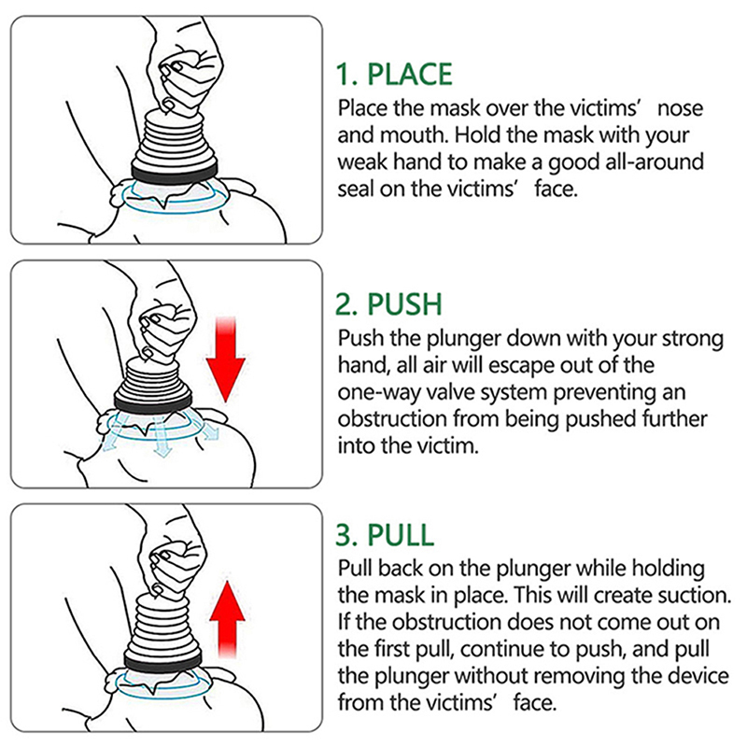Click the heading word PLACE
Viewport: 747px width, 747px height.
pyautogui.click(x=410, y=74)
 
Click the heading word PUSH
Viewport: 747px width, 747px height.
pyautogui.click(x=405, y=304)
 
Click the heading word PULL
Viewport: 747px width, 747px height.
pyautogui.click(x=401, y=534)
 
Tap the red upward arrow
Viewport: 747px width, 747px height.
pyautogui.click(x=228, y=619)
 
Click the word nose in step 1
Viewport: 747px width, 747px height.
pyautogui.click(x=680, y=109)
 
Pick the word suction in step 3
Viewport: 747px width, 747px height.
pyautogui.click(x=694, y=595)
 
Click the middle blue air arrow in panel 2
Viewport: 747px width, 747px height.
pyautogui.click(x=161, y=436)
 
